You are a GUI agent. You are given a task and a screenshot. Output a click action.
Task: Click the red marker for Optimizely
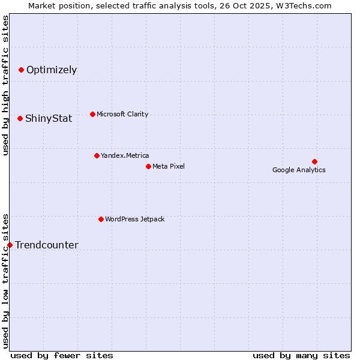point(21,70)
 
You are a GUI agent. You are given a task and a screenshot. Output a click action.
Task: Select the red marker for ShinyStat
point(20,118)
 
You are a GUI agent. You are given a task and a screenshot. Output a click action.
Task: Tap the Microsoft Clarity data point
point(92,114)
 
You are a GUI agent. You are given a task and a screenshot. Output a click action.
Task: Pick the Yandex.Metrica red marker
point(97,155)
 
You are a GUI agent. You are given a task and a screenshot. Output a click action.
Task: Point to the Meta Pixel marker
point(148,166)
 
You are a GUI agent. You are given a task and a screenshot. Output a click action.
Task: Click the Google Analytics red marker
point(314,161)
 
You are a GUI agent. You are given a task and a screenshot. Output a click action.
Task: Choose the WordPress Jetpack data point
point(101,219)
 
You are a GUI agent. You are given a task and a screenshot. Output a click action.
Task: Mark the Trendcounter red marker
point(10,245)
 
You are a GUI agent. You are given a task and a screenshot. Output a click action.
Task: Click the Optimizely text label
point(52,70)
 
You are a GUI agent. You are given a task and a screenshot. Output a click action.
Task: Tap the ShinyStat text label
point(49,119)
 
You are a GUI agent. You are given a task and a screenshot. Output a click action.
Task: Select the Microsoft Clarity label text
point(122,114)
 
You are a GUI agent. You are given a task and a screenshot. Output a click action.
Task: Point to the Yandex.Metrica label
point(125,155)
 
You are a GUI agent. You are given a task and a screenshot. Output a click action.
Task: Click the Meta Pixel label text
point(169,166)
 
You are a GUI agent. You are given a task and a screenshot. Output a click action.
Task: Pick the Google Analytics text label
point(299,170)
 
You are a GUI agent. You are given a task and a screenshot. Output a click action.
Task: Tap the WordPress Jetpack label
point(134,219)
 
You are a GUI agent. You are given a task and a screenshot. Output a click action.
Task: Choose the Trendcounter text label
point(47,245)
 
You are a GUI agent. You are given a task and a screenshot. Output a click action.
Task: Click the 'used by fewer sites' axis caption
point(62,355)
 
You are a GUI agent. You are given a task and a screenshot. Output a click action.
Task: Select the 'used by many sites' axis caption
point(301,355)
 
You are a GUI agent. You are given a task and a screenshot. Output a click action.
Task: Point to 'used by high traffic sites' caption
point(5,85)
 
